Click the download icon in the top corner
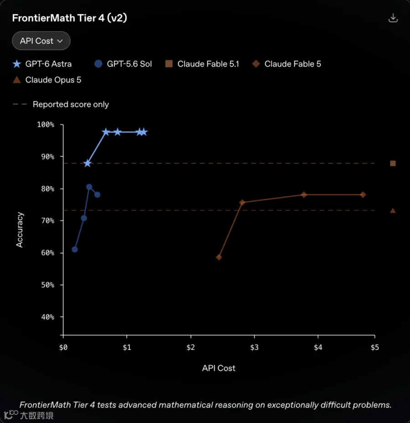coord(393,18)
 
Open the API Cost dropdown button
coord(41,41)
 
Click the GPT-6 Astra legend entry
coord(42,64)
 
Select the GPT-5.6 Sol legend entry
coord(123,64)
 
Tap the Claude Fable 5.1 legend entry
coord(202,64)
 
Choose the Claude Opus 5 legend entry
coord(47,80)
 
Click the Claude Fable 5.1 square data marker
coord(393,163)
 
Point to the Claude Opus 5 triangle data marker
coord(393,210)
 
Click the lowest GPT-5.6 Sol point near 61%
coord(75,250)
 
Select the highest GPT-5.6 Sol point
coord(89,187)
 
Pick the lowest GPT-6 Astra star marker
coord(87,163)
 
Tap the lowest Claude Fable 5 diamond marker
coord(219,257)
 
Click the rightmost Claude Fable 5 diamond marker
coord(363,195)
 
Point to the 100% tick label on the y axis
coord(46,125)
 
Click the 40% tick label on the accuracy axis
coord(48,317)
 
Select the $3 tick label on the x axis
coord(254,347)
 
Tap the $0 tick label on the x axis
coord(63,347)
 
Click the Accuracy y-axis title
coord(20,230)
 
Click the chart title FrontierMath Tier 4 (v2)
coord(70,18)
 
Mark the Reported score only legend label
coord(71,104)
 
